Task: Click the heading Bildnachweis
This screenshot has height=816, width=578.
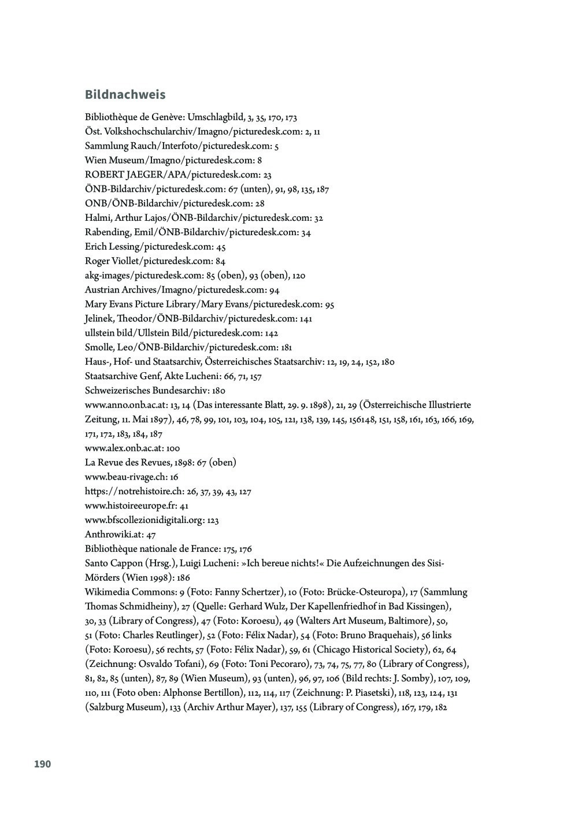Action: (x=125, y=95)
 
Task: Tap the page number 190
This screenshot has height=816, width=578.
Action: (x=42, y=764)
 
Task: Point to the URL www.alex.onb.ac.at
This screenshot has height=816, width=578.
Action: (x=124, y=448)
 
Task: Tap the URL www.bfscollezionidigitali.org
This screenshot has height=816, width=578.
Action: (x=144, y=520)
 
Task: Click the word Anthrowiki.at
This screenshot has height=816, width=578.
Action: (x=113, y=535)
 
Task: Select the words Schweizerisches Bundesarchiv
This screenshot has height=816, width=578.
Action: (x=147, y=391)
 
